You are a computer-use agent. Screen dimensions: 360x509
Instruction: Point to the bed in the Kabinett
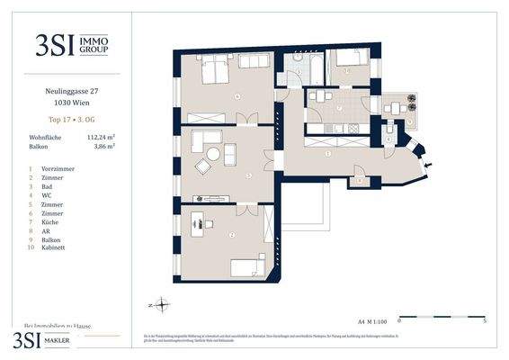(347, 61)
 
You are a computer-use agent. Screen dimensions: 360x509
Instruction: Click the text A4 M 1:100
(372, 319)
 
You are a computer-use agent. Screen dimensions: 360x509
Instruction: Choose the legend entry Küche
(51, 220)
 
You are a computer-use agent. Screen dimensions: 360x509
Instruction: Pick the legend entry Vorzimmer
(57, 169)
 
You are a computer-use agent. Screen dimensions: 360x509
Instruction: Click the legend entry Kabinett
(55, 247)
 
